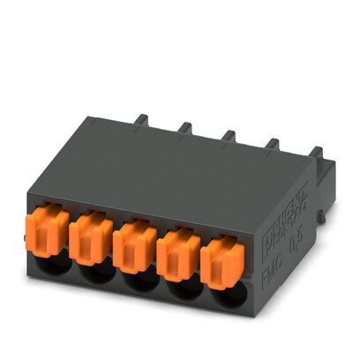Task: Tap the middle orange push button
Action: [x=133, y=243]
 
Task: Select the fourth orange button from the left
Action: [x=177, y=250]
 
